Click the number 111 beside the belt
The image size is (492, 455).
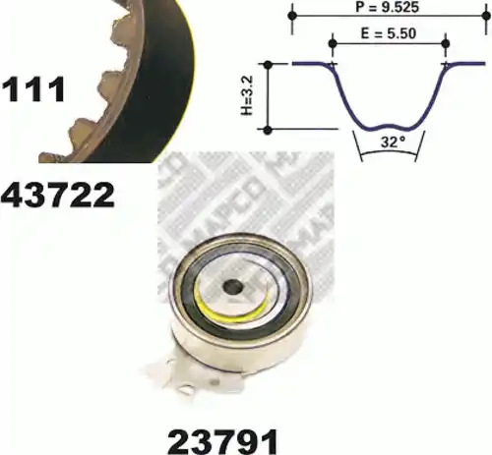(x=33, y=88)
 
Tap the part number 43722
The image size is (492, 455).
(x=58, y=196)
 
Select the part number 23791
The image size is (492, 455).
(x=223, y=441)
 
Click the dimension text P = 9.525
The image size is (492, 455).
(x=387, y=7)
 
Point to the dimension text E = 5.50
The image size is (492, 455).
(x=389, y=33)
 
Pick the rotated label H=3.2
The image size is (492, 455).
(x=247, y=95)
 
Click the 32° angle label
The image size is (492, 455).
(x=393, y=142)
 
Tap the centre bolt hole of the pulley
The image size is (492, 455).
(x=232, y=287)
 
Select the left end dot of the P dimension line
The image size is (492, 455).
(x=292, y=16)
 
